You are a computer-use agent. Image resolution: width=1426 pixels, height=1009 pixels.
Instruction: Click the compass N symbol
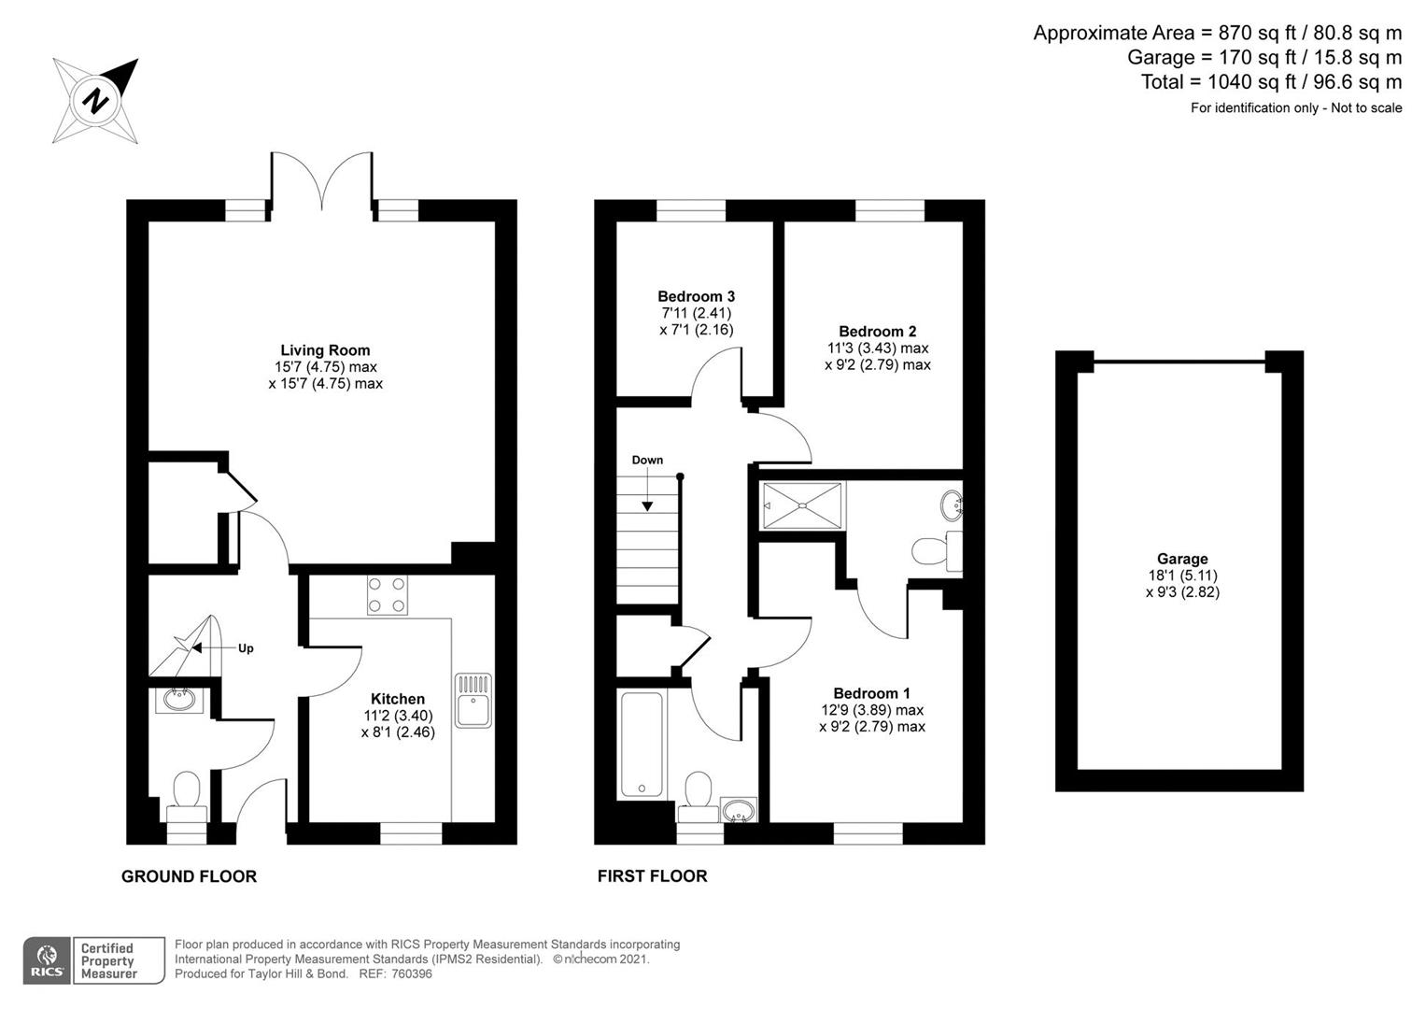(x=95, y=99)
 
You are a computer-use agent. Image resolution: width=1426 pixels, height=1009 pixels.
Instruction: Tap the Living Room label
(x=325, y=350)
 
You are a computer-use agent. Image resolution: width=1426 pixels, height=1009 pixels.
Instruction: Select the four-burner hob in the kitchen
(x=387, y=594)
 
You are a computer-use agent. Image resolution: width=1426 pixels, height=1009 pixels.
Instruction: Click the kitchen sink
(x=473, y=700)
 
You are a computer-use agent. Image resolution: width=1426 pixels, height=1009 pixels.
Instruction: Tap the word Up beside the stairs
(x=246, y=648)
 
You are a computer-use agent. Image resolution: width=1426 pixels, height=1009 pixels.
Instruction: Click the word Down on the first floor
(x=647, y=460)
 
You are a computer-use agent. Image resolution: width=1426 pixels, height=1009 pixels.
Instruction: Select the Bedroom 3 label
(x=696, y=296)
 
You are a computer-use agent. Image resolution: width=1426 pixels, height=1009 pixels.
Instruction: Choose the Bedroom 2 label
(x=877, y=331)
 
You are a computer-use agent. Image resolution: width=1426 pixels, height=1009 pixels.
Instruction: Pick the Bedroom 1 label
(x=871, y=693)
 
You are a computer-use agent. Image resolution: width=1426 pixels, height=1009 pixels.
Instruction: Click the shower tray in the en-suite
(x=803, y=505)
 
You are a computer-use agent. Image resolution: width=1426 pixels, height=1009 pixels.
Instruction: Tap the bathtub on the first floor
(x=642, y=745)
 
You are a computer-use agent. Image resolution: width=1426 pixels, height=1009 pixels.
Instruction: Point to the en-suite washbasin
(x=950, y=505)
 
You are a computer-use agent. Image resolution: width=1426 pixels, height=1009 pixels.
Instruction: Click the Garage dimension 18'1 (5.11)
(x=1182, y=576)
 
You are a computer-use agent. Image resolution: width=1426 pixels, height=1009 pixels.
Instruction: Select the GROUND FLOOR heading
(x=189, y=876)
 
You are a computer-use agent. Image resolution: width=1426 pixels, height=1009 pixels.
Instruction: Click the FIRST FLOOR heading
(x=652, y=876)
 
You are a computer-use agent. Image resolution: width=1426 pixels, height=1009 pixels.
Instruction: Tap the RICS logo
(x=47, y=960)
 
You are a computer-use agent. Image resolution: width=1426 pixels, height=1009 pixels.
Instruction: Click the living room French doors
(x=322, y=182)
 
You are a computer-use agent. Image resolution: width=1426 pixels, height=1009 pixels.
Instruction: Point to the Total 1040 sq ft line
(x=1271, y=81)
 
